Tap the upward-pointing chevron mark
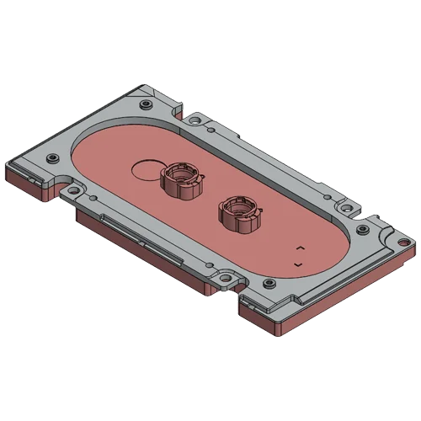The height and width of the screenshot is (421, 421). pos(300,248)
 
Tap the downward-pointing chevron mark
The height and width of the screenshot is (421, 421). pos(297,266)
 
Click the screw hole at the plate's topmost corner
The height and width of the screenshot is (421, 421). pos(147,104)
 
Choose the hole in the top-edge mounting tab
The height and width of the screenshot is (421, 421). pos(195,122)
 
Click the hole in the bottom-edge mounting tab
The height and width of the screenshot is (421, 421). pos(225,275)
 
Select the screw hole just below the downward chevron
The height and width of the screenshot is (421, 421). pos(270,285)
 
